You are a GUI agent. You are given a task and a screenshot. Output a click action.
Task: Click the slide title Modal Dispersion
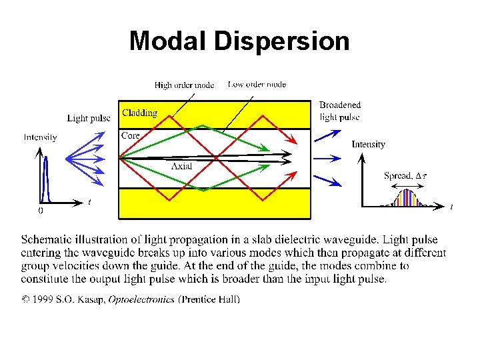tap(239, 41)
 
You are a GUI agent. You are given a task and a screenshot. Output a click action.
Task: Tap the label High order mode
tap(184, 85)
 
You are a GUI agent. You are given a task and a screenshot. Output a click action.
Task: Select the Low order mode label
tap(257, 85)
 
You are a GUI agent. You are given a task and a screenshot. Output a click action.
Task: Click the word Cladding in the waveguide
tap(139, 113)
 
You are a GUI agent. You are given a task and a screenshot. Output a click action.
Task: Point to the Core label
tap(131, 135)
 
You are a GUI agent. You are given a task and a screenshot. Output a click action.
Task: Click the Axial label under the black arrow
tap(181, 166)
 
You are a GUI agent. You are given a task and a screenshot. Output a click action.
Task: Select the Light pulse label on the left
tap(89, 119)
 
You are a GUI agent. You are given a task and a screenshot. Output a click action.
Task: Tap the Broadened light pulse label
tap(340, 111)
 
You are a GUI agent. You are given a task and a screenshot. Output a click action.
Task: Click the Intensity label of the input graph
tap(40, 137)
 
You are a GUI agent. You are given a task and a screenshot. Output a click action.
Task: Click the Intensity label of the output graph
tap(368, 144)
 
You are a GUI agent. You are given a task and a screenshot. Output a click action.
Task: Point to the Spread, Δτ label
tap(406, 176)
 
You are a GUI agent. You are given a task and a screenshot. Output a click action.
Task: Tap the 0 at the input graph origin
tap(40, 211)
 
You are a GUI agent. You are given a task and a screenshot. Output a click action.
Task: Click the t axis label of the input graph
tap(89, 202)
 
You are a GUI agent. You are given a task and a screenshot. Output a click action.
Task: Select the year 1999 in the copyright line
tap(42, 300)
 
